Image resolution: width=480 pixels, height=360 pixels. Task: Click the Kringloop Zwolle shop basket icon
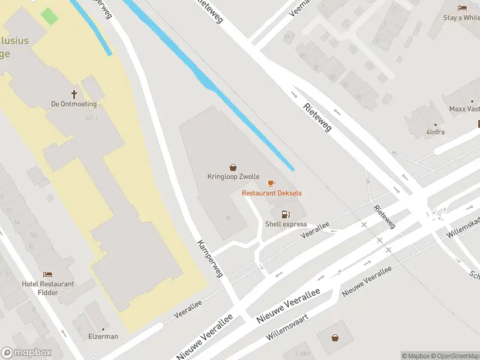tap(233, 167)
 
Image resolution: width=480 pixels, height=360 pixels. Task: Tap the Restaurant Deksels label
tap(272, 193)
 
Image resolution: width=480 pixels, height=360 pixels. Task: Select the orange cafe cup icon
tap(271, 183)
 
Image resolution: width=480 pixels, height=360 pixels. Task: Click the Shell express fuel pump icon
tap(286, 214)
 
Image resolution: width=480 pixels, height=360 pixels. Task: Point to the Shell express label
tap(286, 224)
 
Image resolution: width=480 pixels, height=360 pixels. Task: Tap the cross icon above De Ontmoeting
tap(74, 94)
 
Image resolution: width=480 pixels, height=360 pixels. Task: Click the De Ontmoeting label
tap(74, 104)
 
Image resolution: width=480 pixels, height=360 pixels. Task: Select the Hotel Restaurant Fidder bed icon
tap(48, 274)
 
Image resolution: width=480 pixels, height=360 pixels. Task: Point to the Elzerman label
tap(103, 337)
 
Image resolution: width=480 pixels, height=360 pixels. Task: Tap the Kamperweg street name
tap(211, 259)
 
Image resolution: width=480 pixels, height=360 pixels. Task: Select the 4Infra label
tap(436, 132)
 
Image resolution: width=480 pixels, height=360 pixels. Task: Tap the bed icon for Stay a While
tap(463, 8)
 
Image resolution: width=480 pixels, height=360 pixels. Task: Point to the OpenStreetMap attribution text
tap(457, 356)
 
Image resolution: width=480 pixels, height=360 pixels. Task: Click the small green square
tap(50, 16)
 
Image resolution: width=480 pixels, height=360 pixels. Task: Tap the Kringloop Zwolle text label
tap(233, 177)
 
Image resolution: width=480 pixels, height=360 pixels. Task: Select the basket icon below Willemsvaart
tap(335, 338)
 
